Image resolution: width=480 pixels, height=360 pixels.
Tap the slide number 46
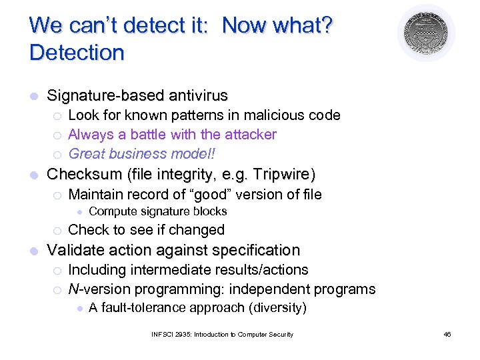point(447,334)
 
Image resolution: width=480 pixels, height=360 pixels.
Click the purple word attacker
point(250,135)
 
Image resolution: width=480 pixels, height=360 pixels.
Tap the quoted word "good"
point(213,195)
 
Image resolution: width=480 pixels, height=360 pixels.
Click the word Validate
point(74,251)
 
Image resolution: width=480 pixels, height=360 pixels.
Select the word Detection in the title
point(77,53)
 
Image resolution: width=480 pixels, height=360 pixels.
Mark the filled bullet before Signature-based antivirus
point(33,96)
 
